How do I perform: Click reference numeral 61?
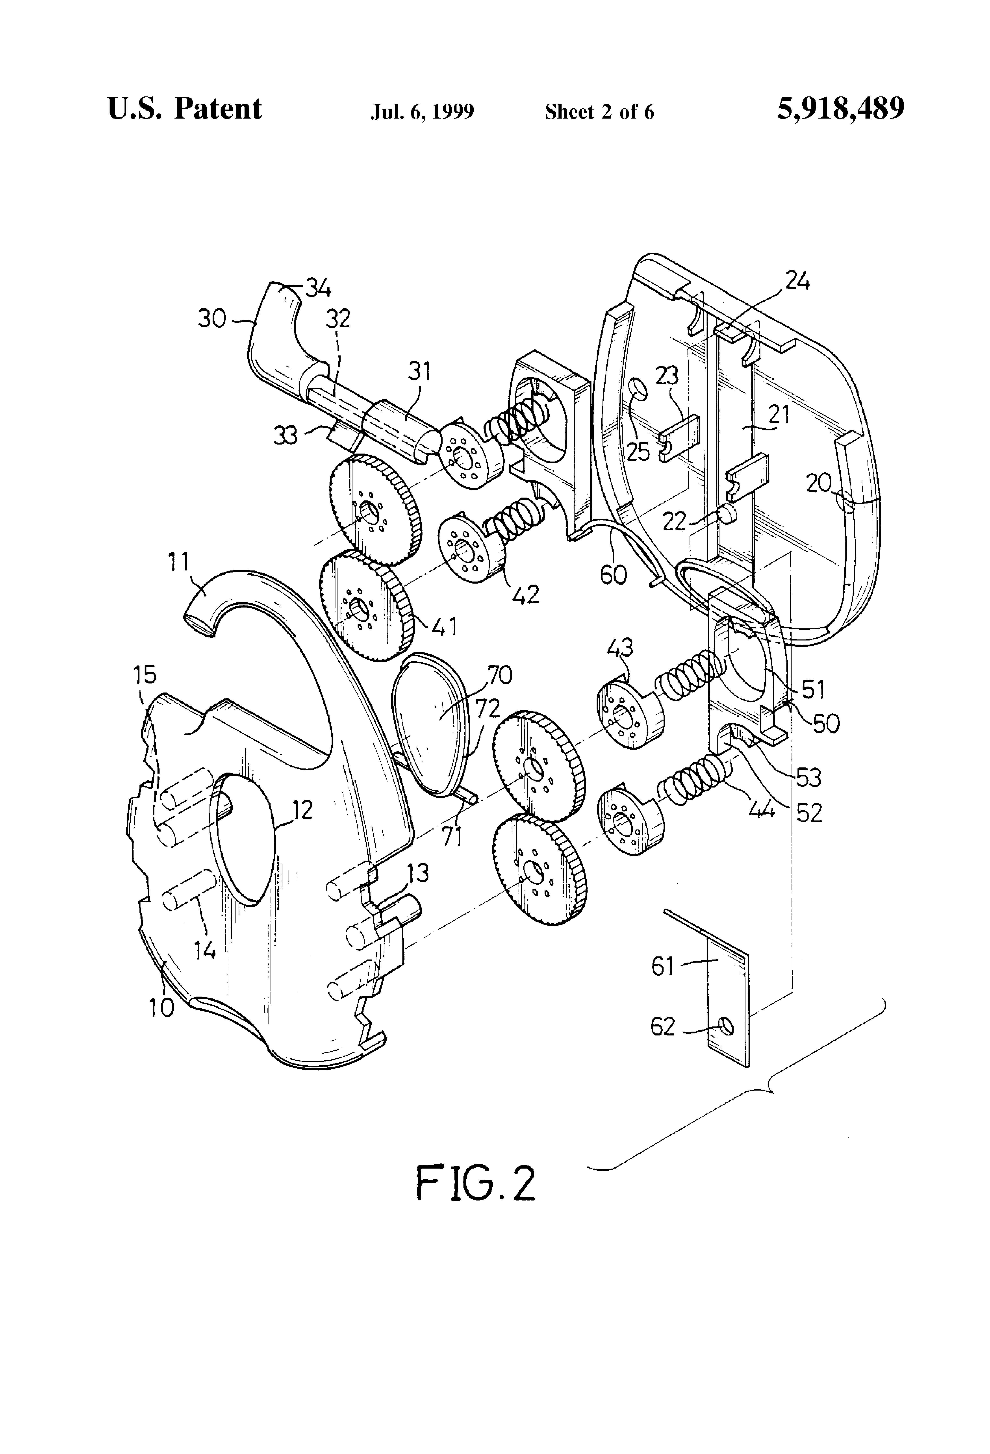click(662, 967)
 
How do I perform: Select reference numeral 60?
click(613, 574)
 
